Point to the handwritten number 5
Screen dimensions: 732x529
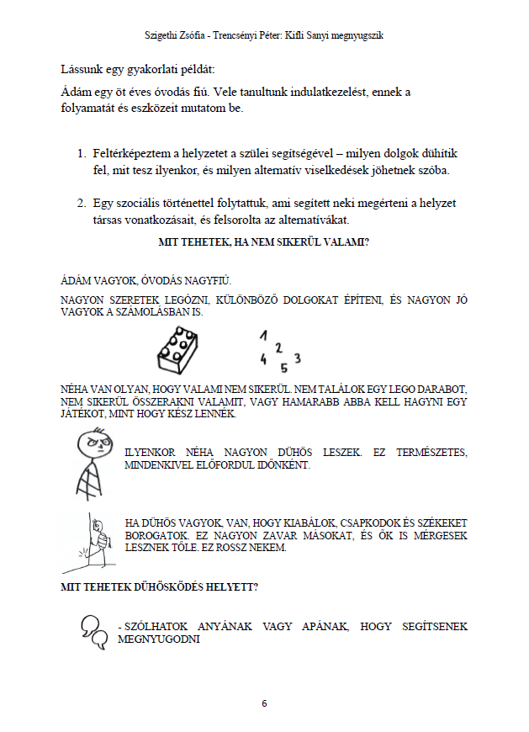283,367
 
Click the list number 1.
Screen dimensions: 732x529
82,154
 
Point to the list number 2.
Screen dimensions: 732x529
82,203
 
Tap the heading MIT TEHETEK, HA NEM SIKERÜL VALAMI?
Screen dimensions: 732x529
264,243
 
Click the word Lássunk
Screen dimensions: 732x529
82,66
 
